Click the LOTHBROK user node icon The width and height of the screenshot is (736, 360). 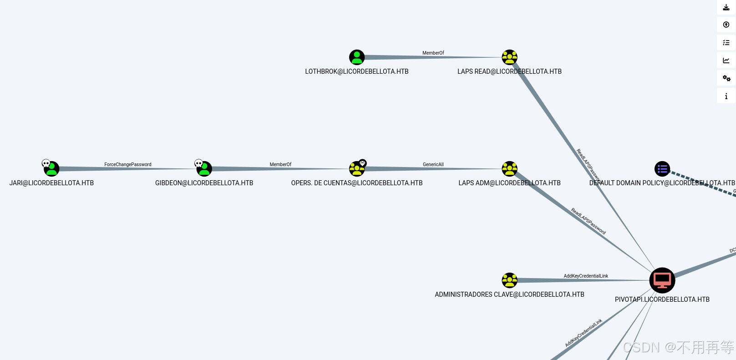(x=357, y=57)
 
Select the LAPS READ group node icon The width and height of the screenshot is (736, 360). (x=509, y=57)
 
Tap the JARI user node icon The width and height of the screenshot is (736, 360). (x=51, y=169)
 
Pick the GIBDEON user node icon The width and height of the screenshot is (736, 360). (x=204, y=169)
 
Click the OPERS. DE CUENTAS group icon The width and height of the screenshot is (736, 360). (x=357, y=169)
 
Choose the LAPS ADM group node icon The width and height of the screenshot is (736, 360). (x=509, y=169)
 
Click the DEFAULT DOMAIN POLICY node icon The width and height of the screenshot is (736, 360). (x=662, y=169)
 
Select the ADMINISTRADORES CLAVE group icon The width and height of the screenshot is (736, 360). (x=509, y=280)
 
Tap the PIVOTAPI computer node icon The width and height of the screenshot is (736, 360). (x=662, y=280)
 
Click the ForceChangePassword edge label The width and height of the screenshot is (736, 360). (x=128, y=164)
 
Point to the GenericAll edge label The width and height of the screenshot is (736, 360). (x=433, y=164)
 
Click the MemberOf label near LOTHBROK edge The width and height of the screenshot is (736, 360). (x=433, y=53)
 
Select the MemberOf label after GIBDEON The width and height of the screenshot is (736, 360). (x=280, y=164)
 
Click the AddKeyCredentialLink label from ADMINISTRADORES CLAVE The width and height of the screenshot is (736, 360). (x=586, y=276)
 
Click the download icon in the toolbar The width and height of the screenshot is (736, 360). (x=726, y=7)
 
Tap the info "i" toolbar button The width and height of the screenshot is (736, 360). (x=726, y=96)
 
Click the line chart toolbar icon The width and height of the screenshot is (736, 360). (x=726, y=61)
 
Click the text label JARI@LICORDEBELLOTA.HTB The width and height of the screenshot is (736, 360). (x=51, y=183)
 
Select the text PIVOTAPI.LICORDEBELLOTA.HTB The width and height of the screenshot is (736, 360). (x=662, y=299)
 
